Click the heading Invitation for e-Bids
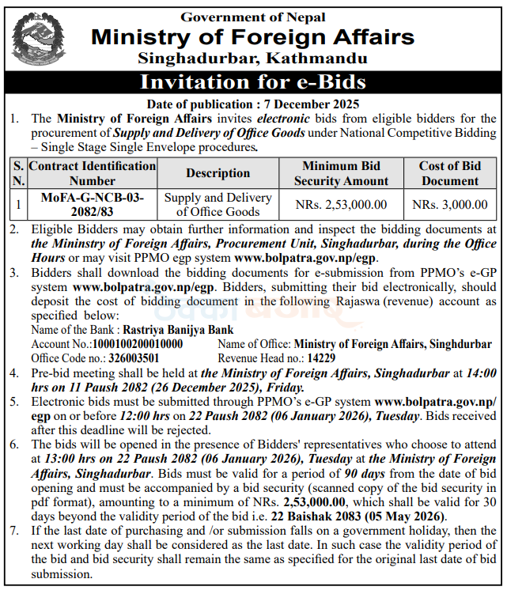click(253, 82)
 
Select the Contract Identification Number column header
click(92, 172)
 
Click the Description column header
click(218, 172)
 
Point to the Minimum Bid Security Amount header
click(341, 172)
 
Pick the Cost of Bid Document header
click(449, 172)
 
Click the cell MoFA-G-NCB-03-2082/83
click(92, 204)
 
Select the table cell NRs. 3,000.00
click(449, 204)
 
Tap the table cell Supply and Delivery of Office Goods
click(218, 204)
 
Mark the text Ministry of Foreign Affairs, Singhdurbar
click(392, 344)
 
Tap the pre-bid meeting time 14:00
click(481, 373)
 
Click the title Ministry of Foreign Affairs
click(253, 37)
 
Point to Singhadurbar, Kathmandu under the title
click(253, 58)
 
